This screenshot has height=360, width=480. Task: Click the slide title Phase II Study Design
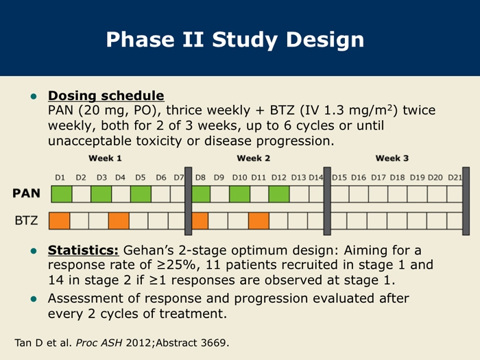tap(235, 40)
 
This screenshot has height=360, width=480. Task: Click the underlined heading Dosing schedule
tap(106, 95)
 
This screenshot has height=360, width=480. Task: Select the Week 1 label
tap(105, 158)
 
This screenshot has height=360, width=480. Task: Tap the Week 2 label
tap(254, 158)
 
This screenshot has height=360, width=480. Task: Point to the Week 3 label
tap(392, 158)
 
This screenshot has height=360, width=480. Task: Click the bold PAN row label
tap(26, 193)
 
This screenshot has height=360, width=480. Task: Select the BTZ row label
tap(26, 220)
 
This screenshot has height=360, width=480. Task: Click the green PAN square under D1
tap(62, 194)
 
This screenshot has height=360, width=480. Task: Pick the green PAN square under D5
tap(141, 194)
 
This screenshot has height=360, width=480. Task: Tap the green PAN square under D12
tap(279, 194)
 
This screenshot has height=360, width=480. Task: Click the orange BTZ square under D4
tap(119, 221)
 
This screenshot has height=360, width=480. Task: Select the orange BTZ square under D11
tap(259, 221)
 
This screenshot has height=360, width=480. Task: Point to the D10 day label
tap(240, 178)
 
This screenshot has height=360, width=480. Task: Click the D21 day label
tap(455, 178)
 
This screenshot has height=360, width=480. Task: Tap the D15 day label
tap(339, 178)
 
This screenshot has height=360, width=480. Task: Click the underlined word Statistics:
tap(83, 250)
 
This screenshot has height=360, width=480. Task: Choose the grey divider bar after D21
tap(466, 201)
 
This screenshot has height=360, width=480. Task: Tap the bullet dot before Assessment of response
tap(34, 299)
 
